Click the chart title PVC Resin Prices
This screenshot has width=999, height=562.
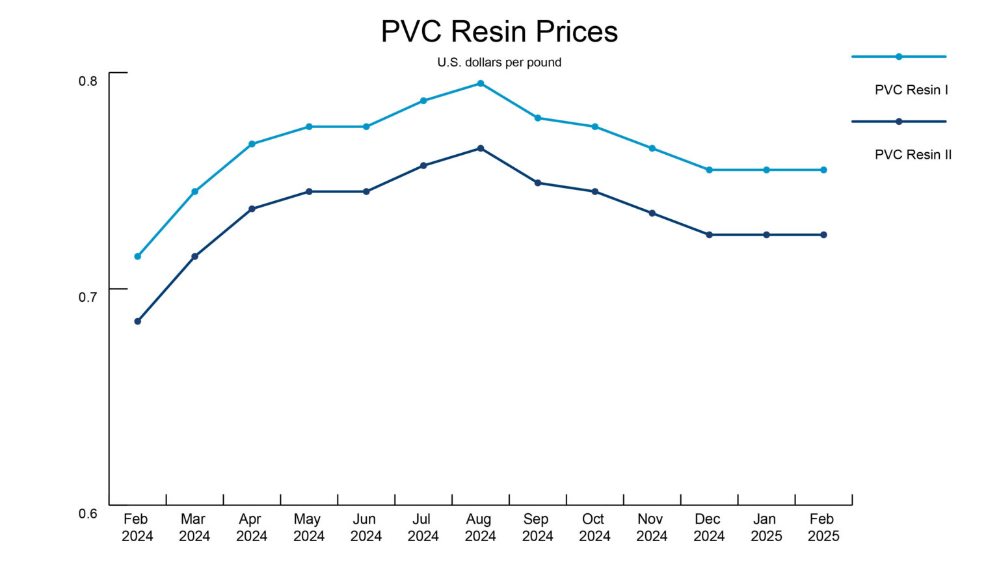pyautogui.click(x=499, y=32)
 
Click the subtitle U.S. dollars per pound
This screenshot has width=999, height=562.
pyautogui.click(x=499, y=62)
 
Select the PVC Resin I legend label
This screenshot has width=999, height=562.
pyautogui.click(x=911, y=90)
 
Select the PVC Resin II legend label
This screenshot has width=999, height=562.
pyautogui.click(x=912, y=155)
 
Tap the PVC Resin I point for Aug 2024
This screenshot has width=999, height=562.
pyautogui.click(x=481, y=83)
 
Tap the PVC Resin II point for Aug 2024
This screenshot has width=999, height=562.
pyautogui.click(x=481, y=148)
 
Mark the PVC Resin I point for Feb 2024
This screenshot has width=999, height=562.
pyautogui.click(x=137, y=256)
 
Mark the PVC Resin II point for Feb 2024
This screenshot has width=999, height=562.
pyautogui.click(x=137, y=321)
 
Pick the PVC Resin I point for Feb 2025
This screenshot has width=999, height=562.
pyautogui.click(x=823, y=170)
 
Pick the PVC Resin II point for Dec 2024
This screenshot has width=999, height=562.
pyautogui.click(x=709, y=235)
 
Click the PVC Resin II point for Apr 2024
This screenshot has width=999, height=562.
pyautogui.click(x=252, y=209)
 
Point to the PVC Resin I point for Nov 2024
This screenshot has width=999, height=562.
pyautogui.click(x=652, y=148)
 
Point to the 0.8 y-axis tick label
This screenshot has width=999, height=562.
pyautogui.click(x=88, y=81)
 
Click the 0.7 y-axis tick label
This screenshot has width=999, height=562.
pyautogui.click(x=88, y=297)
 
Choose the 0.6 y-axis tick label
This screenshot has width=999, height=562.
pyautogui.click(x=88, y=514)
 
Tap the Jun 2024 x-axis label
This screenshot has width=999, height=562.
pyautogui.click(x=366, y=528)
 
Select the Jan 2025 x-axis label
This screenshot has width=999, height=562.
pyautogui.click(x=766, y=528)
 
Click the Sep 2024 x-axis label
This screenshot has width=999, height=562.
pyautogui.click(x=537, y=528)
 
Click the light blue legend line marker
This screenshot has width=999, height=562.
pyautogui.click(x=899, y=57)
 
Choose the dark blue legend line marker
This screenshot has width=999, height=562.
pyautogui.click(x=899, y=122)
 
